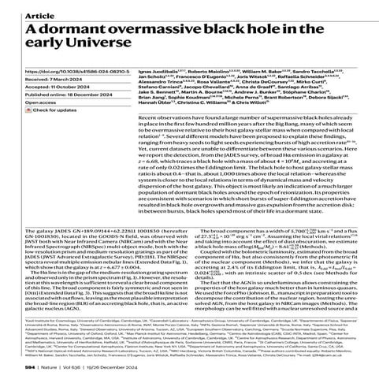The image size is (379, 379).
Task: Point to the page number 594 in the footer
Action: [x=9, y=366]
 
